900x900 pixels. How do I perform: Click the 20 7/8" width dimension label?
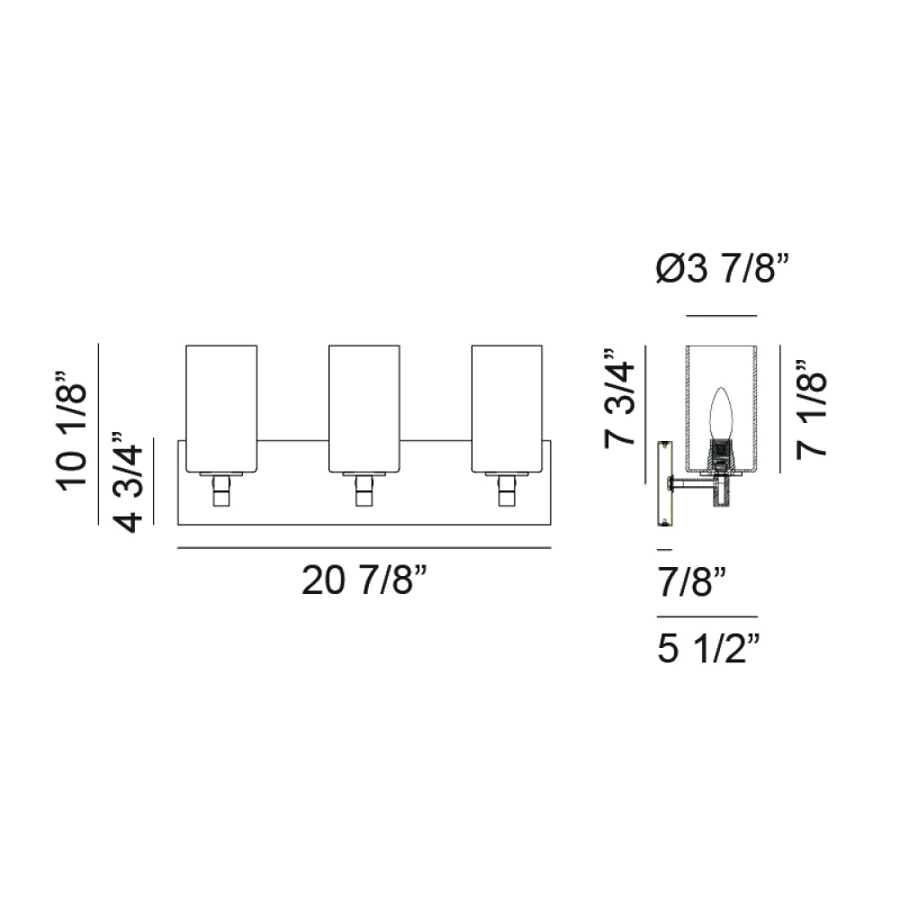[364, 580]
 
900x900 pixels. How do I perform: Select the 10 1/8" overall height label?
[72, 431]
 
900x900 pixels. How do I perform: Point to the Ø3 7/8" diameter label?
[723, 268]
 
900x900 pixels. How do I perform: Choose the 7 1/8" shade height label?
[811, 409]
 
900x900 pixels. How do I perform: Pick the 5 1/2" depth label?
[708, 649]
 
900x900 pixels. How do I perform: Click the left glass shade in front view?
[221, 409]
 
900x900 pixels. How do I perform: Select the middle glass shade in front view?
[364, 409]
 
